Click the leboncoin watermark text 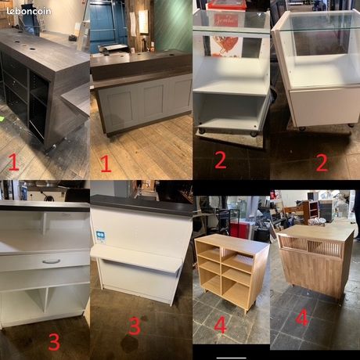29,11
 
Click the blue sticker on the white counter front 100,236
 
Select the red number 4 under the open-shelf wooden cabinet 220,325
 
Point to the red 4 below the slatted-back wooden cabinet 302,318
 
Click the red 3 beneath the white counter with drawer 54,341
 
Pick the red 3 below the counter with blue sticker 135,326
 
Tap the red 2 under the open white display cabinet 221,160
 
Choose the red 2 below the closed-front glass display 322,163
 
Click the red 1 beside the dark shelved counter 13,162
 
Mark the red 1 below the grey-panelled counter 106,164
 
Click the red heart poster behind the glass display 225,46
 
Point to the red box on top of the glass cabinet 226,5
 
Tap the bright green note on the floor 2,119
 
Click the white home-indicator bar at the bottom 232,358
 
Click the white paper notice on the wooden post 143,22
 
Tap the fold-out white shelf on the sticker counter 135,259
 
